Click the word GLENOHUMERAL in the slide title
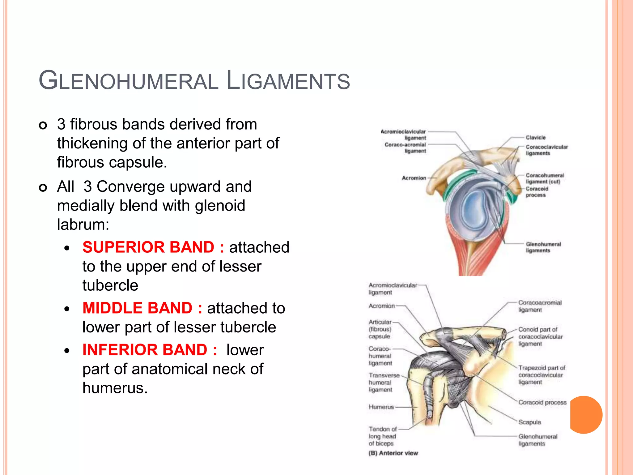[x=128, y=81]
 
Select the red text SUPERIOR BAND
[x=148, y=247]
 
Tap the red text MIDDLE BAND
[x=138, y=308]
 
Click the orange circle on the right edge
[x=586, y=415]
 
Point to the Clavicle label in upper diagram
[x=536, y=138]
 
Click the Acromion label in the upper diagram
[x=414, y=178]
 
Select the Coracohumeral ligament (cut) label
[x=545, y=178]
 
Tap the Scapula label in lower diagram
[x=529, y=422]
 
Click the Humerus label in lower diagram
[x=381, y=407]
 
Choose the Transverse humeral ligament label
[x=384, y=383]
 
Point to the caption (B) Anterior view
[x=393, y=453]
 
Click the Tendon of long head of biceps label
[x=382, y=436]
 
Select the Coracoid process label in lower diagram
[x=542, y=403]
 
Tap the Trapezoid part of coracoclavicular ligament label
[x=541, y=375]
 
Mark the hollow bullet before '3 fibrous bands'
[x=43, y=125]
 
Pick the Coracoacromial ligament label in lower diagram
[x=539, y=306]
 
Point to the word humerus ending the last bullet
[x=114, y=388]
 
